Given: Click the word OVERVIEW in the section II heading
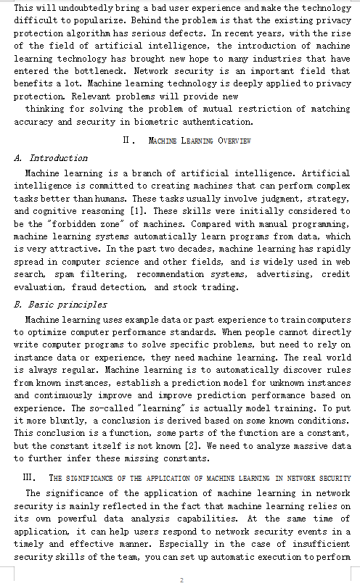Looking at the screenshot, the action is point(232,140).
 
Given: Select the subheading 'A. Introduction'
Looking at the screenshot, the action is point(51,157).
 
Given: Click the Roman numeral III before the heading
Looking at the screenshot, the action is point(30,477).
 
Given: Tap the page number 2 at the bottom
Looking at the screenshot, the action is point(181,579).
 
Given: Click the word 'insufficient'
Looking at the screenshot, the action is point(315,544).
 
